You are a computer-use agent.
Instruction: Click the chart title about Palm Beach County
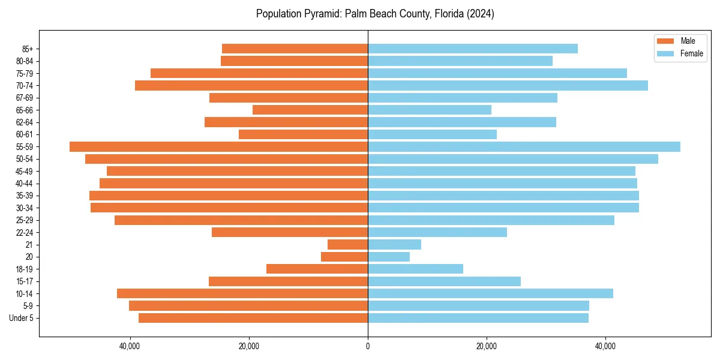pos(375,14)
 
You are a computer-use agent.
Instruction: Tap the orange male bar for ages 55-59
pos(218,147)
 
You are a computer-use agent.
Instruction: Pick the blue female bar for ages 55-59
pos(524,147)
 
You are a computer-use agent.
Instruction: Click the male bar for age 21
pos(347,245)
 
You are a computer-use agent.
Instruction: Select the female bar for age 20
pos(389,257)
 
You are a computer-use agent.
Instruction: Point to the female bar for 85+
pos(473,49)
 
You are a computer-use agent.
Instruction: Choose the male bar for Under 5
pos(253,318)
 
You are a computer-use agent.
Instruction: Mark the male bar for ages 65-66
pos(310,110)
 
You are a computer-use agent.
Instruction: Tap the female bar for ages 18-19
pos(415,269)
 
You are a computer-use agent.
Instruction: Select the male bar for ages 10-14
pos(242,293)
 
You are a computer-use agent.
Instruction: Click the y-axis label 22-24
pos(25,233)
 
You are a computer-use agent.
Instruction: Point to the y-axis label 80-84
pos(25,61)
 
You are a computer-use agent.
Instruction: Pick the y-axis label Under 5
pos(22,318)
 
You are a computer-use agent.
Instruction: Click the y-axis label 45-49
pos(25,172)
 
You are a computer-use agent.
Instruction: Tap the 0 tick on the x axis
pos(368,346)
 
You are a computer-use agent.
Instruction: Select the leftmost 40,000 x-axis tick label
pos(130,346)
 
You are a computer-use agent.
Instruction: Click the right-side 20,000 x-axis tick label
pos(487,346)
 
